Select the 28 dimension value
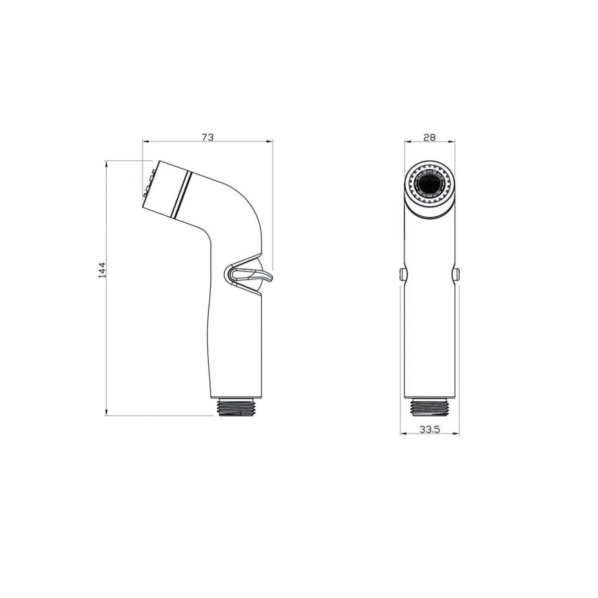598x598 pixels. [429, 138]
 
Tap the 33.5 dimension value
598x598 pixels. [429, 429]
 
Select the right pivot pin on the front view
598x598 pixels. [456, 274]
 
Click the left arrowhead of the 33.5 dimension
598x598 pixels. [403, 434]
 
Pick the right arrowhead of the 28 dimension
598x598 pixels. [454, 142]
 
